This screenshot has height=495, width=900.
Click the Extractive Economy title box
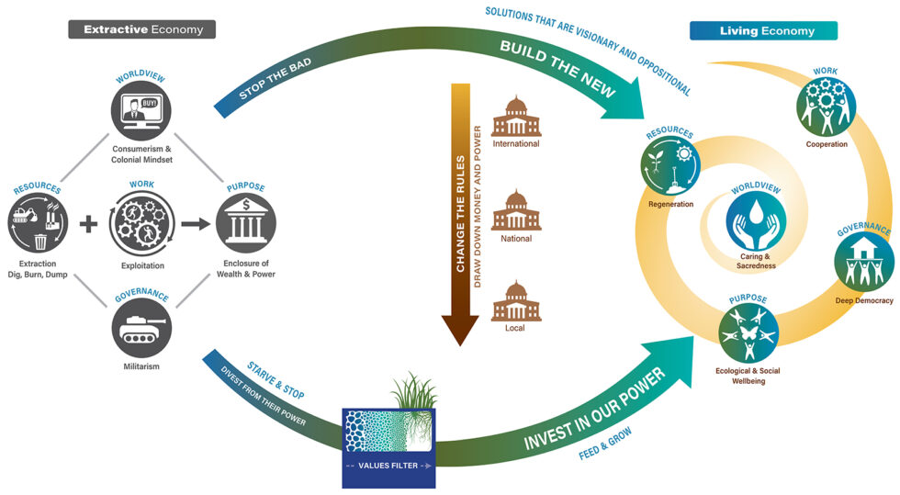(141, 29)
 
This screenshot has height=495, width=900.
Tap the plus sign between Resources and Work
(88, 223)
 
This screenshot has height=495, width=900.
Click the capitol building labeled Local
(515, 303)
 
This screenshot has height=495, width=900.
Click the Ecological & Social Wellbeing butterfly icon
(748, 334)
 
